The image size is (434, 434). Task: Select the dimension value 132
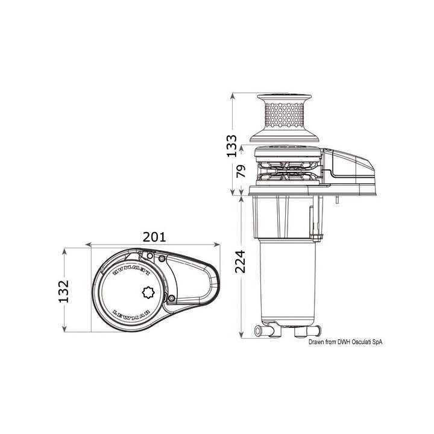pyautogui.click(x=72, y=291)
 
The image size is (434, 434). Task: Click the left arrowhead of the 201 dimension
pyautogui.click(x=91, y=245)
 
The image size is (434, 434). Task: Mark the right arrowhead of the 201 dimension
pyautogui.click(x=216, y=245)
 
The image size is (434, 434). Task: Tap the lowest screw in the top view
pyautogui.click(x=171, y=298)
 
